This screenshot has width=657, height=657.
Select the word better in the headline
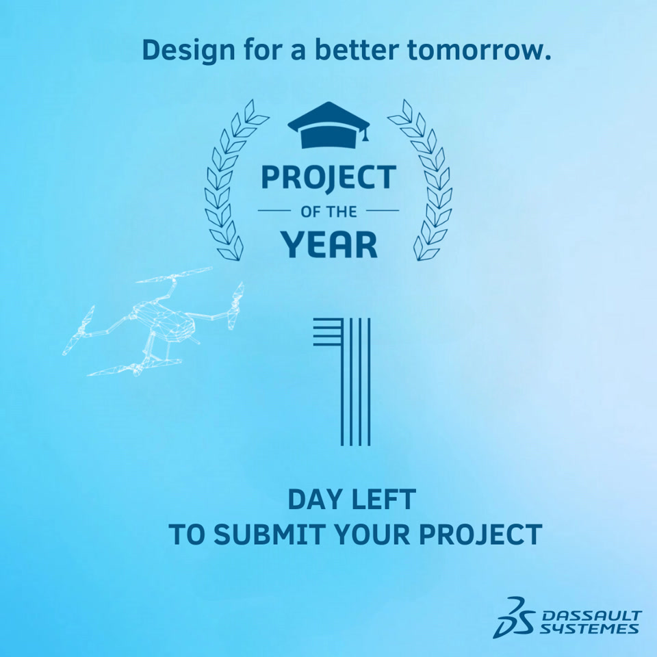357,49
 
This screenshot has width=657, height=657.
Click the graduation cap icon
328,125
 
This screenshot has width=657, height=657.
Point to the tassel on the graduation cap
365,134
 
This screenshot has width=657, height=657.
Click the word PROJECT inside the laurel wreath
328,178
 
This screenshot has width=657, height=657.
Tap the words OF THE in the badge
328,211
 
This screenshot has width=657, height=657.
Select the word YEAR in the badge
329,244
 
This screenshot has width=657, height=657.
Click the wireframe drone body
166,320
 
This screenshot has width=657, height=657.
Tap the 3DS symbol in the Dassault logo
513,617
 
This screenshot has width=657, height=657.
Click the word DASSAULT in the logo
591,615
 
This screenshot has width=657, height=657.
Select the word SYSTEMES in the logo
589,628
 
